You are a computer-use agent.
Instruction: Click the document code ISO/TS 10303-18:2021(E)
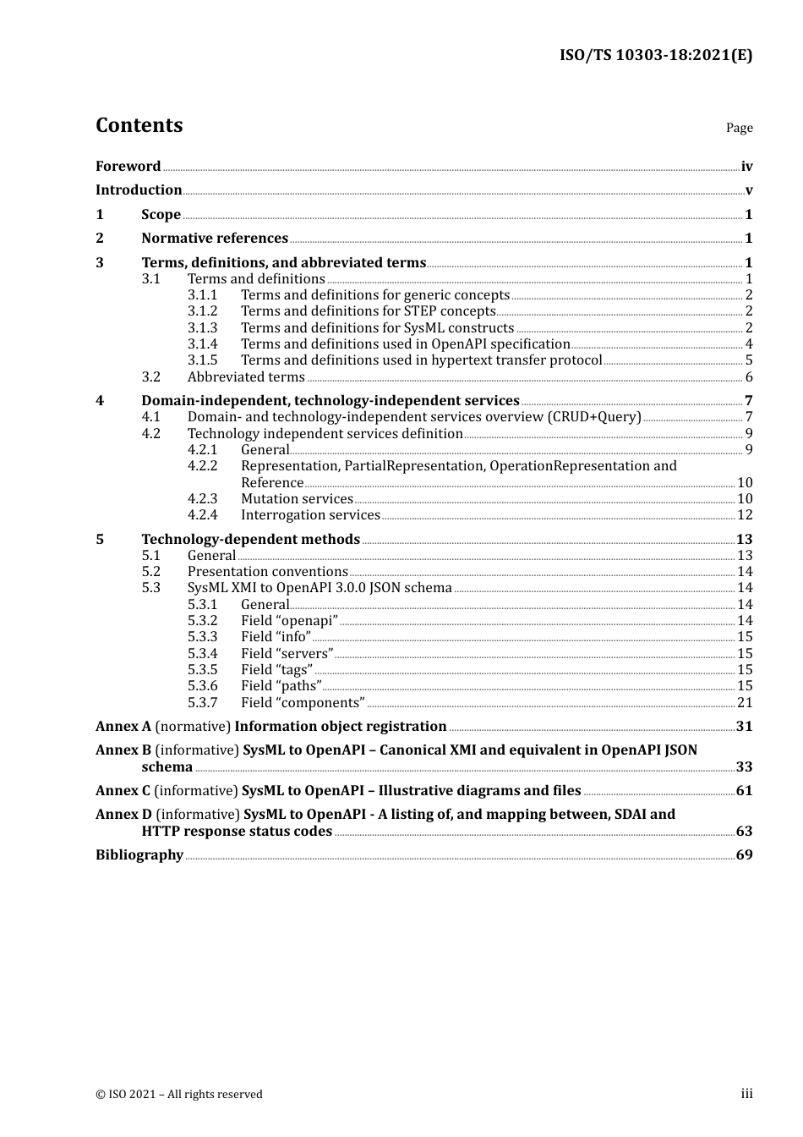(x=655, y=56)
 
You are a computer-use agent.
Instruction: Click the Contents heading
(x=139, y=125)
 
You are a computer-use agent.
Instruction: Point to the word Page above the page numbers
(x=739, y=128)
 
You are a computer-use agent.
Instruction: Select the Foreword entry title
(x=128, y=167)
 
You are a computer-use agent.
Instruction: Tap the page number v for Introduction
(x=748, y=190)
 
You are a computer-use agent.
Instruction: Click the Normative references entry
(x=215, y=239)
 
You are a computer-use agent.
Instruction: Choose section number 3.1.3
(x=202, y=328)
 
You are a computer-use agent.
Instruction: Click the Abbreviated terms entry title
(x=246, y=377)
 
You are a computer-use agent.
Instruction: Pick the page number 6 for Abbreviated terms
(x=748, y=377)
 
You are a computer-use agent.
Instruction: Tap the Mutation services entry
(x=297, y=499)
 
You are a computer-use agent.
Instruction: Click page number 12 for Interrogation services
(x=744, y=515)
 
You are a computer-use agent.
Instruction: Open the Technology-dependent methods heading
(x=250, y=540)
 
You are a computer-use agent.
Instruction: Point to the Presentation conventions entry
(x=267, y=572)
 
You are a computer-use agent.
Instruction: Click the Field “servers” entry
(x=287, y=654)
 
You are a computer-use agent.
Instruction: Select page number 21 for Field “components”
(x=744, y=703)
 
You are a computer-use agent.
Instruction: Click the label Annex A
(x=123, y=727)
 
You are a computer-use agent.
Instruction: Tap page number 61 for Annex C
(x=744, y=791)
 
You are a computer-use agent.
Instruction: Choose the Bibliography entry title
(x=139, y=855)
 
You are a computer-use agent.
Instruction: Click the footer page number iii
(x=746, y=1094)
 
